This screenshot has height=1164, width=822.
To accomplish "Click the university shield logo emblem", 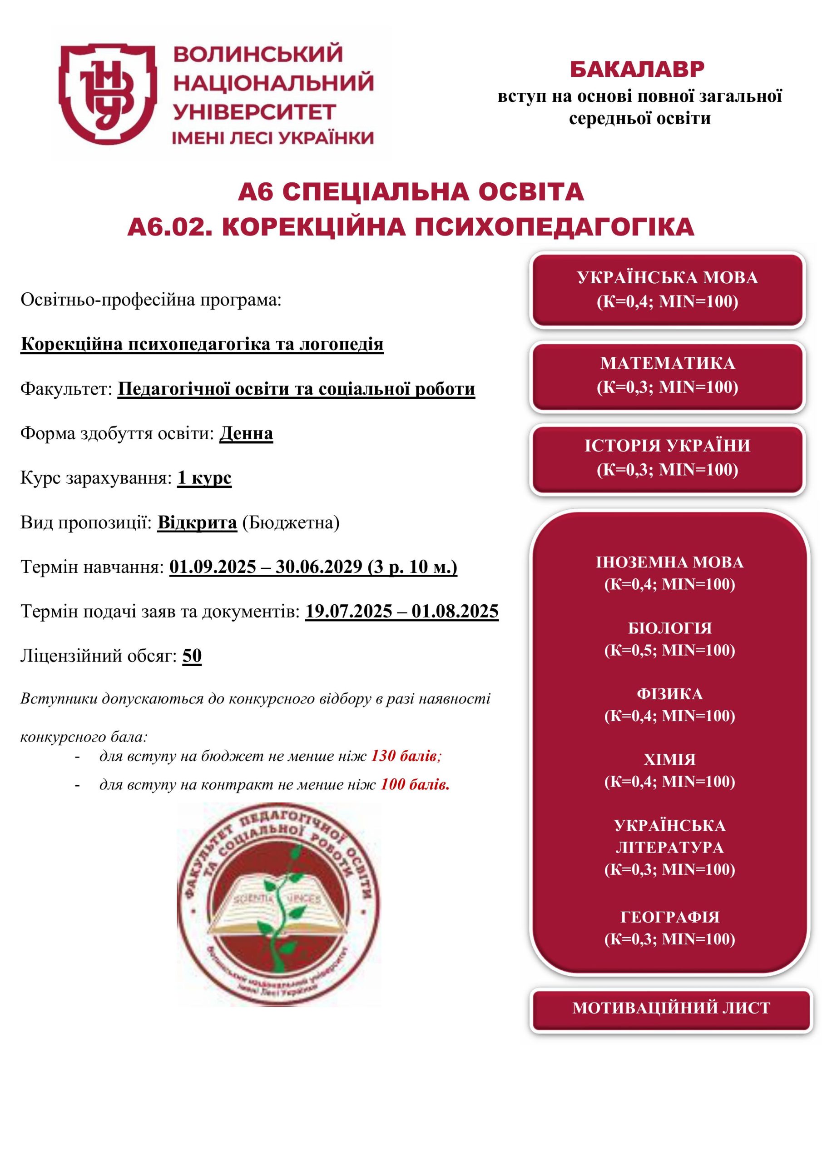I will [107, 93].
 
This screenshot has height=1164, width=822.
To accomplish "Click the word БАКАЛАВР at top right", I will [637, 70].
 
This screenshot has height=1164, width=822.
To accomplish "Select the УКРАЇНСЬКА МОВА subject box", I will [667, 290].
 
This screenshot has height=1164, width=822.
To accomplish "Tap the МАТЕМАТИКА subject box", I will [667, 375].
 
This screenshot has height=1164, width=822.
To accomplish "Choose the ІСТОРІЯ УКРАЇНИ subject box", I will [667, 458].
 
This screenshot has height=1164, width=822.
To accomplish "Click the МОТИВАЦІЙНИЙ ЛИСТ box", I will [671, 1007].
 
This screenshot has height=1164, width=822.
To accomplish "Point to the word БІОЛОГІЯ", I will [669, 628].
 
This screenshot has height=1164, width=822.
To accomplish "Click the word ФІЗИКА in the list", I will [669, 693].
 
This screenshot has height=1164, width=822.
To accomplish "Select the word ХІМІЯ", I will [669, 759].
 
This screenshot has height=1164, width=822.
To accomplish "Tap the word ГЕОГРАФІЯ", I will [669, 917].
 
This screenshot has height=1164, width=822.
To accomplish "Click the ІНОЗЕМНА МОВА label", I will [669, 562].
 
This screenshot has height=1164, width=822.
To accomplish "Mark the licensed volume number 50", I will [192, 656].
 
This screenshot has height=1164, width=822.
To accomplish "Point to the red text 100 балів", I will [415, 785].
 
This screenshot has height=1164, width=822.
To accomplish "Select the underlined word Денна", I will [246, 433].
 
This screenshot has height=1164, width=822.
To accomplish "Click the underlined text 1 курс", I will [204, 477].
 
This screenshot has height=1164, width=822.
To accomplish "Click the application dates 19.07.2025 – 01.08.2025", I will [401, 612].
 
